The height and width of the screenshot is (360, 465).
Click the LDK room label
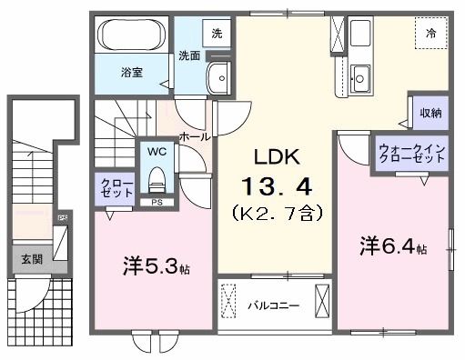[277, 155]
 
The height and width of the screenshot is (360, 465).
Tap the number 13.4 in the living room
[277, 187]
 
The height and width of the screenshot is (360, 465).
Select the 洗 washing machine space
[217, 34]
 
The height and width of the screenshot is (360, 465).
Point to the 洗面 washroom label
[188, 55]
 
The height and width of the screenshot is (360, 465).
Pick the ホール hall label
[195, 135]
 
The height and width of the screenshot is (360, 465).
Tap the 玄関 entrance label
[30, 258]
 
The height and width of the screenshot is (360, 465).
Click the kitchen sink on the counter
[360, 77]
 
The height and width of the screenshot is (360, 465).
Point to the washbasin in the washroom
[218, 79]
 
